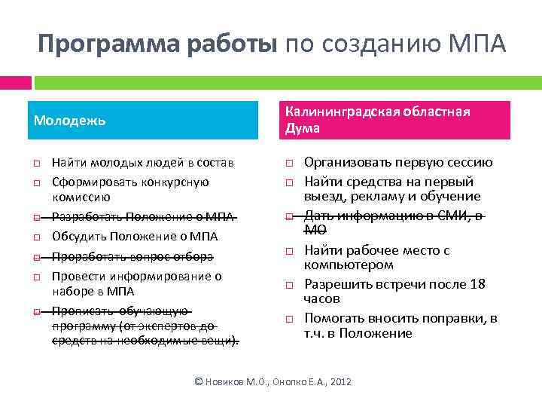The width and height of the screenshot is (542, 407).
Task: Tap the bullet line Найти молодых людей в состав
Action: coord(142,163)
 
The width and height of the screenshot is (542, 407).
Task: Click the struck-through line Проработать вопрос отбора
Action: coord(133,256)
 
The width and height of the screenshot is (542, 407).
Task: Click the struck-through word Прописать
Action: coord(78,311)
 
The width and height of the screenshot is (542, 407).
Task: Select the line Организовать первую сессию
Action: coord(398,162)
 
